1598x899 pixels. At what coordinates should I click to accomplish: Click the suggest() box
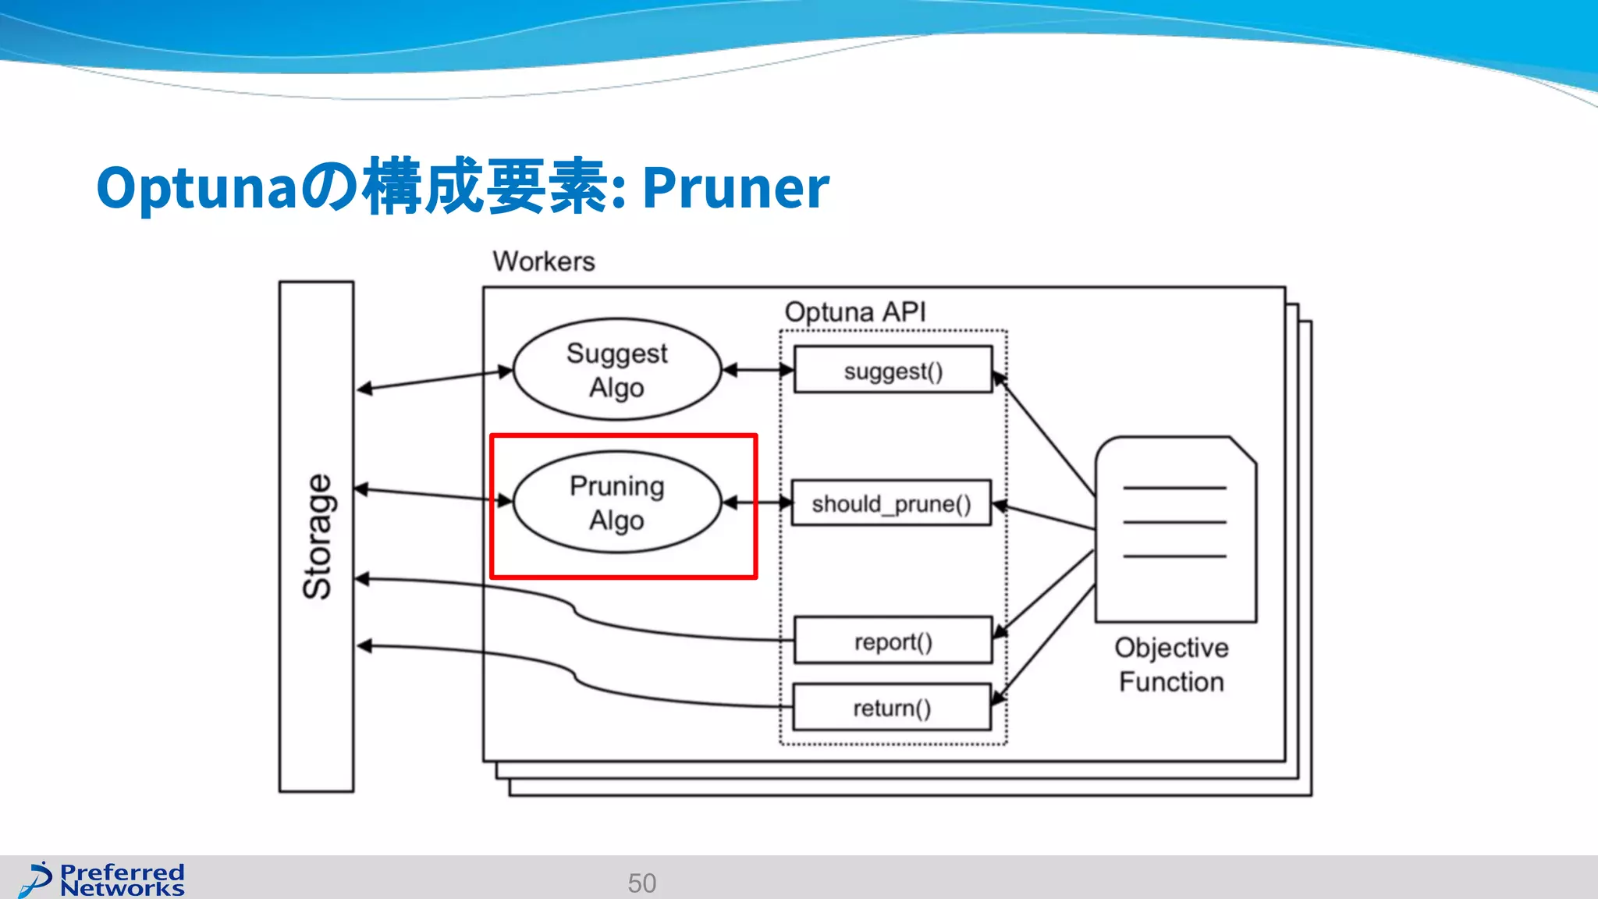(893, 370)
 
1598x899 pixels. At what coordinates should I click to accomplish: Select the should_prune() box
(891, 503)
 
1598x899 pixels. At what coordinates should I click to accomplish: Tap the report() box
(893, 641)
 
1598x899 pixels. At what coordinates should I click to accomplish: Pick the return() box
(891, 707)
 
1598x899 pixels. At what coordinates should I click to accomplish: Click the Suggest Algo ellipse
(616, 370)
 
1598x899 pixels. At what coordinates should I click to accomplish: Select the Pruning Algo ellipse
(616, 503)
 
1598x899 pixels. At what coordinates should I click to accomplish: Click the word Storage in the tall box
(317, 537)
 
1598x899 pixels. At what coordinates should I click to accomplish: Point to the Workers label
(543, 261)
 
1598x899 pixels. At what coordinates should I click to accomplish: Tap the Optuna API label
(854, 312)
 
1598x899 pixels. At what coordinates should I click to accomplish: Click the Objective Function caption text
(1170, 664)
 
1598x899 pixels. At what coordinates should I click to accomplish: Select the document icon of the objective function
(1175, 529)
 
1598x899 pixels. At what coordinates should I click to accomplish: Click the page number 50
(641, 883)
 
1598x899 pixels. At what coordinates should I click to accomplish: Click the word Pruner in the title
(735, 188)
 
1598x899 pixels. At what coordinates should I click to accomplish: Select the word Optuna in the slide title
(195, 188)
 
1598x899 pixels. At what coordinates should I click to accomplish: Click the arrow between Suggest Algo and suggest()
(758, 370)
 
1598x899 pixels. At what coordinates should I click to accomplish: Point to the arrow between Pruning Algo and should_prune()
(757, 503)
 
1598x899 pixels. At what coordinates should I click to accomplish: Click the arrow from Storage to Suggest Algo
(434, 379)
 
